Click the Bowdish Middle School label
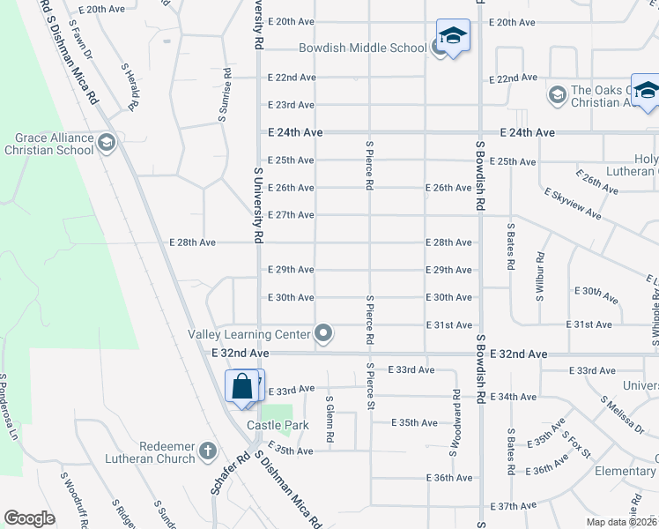363,48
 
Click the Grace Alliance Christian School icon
107,143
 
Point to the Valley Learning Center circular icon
324,333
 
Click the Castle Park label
278,425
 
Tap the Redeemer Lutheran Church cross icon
207,451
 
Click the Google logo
29,518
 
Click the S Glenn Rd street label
329,421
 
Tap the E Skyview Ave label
573,204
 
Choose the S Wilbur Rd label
539,276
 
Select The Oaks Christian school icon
557,94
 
